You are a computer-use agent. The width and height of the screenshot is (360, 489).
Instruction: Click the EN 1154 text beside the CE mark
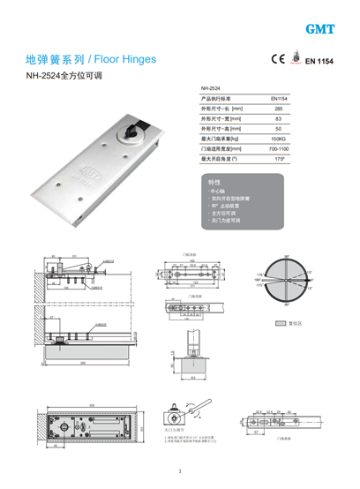point(320,62)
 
